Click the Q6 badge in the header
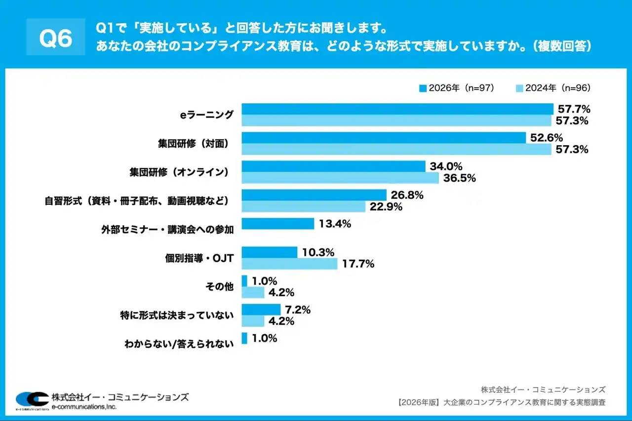point(55,39)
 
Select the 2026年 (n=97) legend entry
point(456,88)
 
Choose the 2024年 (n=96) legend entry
point(553,88)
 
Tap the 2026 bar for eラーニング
point(397,109)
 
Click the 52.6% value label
point(546,138)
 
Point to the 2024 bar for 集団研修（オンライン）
point(340,178)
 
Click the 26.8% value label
point(407,195)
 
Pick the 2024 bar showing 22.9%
point(304,206)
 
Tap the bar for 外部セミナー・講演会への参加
point(278,224)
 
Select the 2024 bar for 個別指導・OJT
point(290,264)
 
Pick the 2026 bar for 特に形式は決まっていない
point(261,309)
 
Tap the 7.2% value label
point(297,310)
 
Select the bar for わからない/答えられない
point(244,338)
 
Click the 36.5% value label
point(459,178)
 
